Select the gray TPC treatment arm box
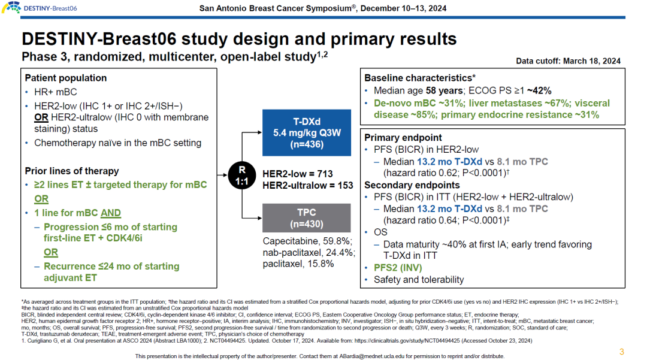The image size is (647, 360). [x=306, y=218]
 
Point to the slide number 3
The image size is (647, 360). [x=621, y=352]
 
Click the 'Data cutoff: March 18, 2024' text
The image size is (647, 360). [x=568, y=61]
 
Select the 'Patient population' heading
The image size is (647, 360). [x=66, y=78]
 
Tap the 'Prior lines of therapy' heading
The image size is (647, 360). [x=72, y=171]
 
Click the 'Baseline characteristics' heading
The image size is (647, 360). [x=419, y=78]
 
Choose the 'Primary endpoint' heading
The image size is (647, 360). [x=403, y=137]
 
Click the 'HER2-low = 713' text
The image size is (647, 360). [x=298, y=174]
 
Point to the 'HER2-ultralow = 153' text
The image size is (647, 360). [x=308, y=185]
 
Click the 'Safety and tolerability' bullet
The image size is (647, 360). [x=419, y=279]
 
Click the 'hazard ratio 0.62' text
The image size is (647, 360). [x=420, y=173]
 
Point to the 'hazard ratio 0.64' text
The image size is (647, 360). [x=420, y=220]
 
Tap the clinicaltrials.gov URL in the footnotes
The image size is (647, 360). [x=414, y=340]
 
